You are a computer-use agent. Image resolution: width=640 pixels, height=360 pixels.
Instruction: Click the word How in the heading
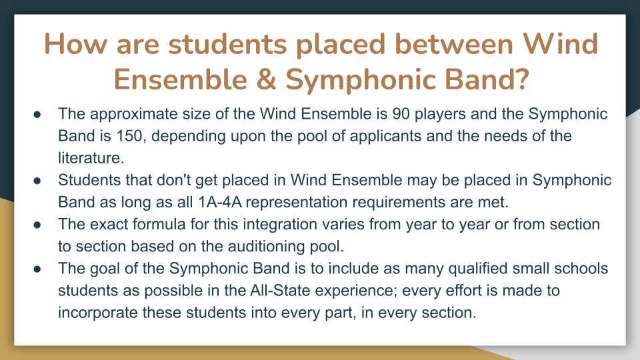click(75, 44)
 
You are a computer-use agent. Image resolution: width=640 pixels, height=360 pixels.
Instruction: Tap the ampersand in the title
click(266, 79)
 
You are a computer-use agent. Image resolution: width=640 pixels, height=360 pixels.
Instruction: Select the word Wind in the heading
click(561, 44)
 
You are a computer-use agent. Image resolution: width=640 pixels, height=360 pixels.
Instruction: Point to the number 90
click(401, 114)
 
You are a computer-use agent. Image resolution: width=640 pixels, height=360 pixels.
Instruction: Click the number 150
click(129, 136)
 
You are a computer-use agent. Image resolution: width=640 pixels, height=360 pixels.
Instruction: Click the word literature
click(91, 158)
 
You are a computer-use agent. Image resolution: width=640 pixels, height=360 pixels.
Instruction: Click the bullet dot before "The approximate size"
click(37, 114)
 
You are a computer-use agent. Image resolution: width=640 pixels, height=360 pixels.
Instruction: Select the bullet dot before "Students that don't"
click(37, 181)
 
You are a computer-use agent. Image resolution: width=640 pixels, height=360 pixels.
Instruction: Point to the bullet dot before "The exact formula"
click(37, 225)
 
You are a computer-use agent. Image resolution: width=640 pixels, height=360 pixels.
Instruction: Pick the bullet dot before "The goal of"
click(37, 269)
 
